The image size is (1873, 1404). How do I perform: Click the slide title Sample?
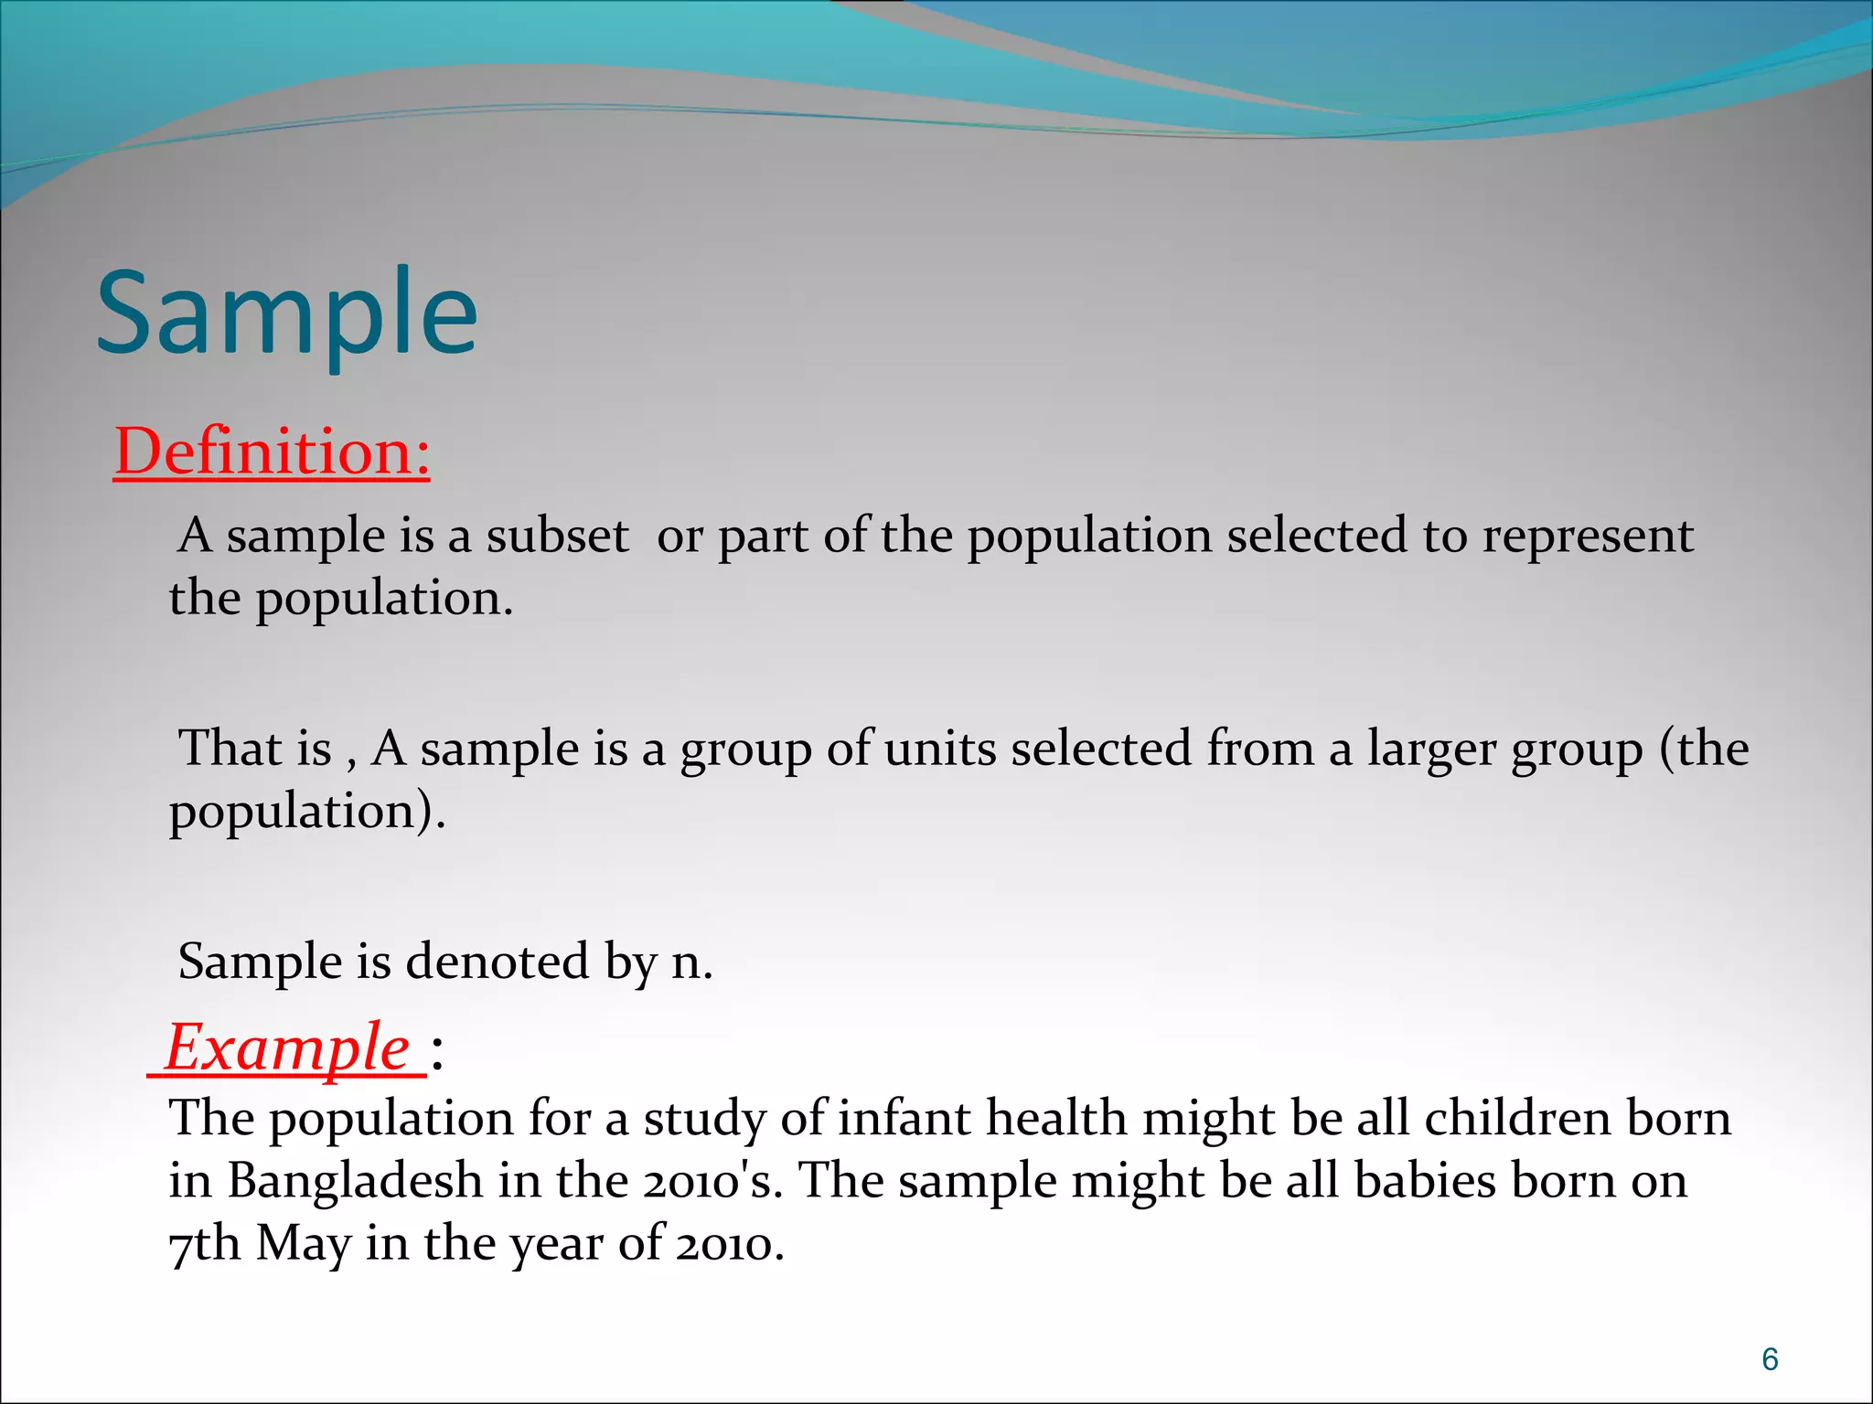[x=286, y=314]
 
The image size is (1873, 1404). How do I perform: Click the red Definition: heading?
[x=272, y=452]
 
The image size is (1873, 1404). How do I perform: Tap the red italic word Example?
[x=287, y=1048]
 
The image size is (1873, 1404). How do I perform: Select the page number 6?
[x=1770, y=1360]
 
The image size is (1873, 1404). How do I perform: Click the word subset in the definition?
[x=557, y=536]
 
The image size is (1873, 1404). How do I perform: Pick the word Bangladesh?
[x=355, y=1181]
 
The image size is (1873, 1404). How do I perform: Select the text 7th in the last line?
[x=205, y=1244]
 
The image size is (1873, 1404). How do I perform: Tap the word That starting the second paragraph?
[x=230, y=749]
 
